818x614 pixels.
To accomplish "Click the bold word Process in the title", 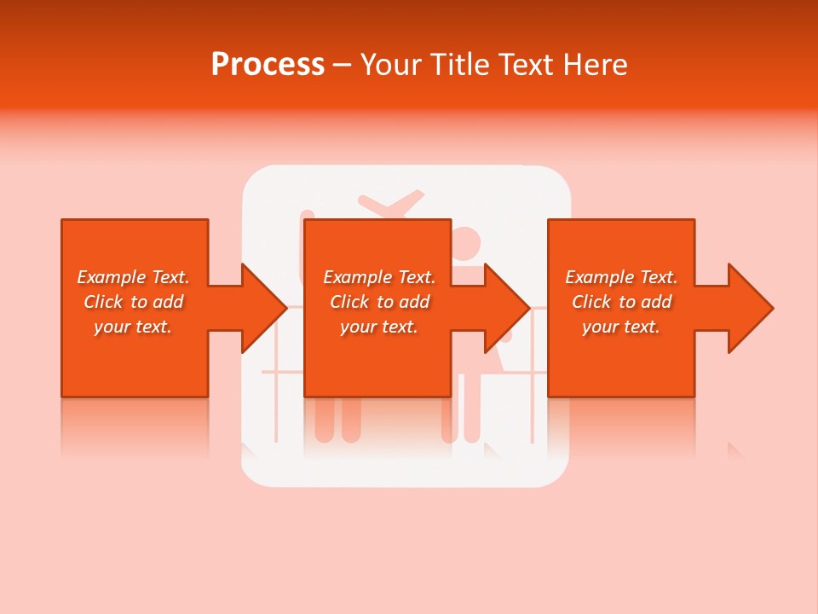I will pyautogui.click(x=268, y=65).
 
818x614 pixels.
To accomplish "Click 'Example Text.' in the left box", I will pyautogui.click(x=133, y=277).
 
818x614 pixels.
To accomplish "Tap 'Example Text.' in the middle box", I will pyautogui.click(x=379, y=277).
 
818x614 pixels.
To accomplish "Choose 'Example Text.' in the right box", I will pyautogui.click(x=621, y=277).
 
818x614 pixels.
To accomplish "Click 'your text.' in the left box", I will pyautogui.click(x=133, y=327).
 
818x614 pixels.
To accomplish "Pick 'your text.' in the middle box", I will pyautogui.click(x=379, y=327).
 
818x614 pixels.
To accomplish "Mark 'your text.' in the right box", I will pyautogui.click(x=621, y=327).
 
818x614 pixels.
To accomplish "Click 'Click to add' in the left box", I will pyautogui.click(x=133, y=302).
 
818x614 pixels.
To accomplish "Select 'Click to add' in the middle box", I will pyautogui.click(x=379, y=302).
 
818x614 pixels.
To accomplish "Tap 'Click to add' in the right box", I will pyautogui.click(x=621, y=302).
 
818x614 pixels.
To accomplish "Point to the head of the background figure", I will pyautogui.click(x=466, y=242).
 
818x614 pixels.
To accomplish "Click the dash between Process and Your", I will pyautogui.click(x=343, y=66).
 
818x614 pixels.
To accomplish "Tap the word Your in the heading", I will pyautogui.click(x=389, y=65).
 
